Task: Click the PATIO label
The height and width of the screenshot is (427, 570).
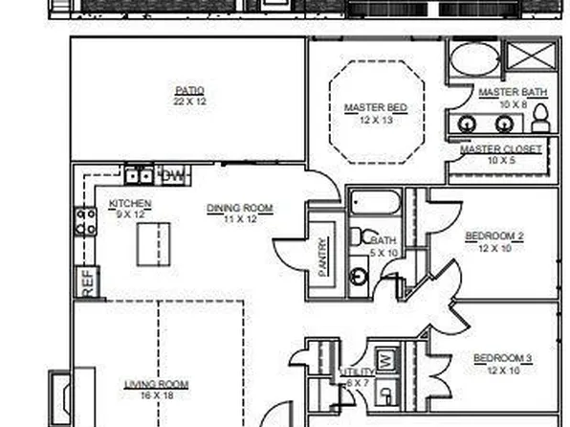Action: [189, 91]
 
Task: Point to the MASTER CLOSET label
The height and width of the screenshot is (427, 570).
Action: [500, 149]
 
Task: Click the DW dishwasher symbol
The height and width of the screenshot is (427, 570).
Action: [173, 175]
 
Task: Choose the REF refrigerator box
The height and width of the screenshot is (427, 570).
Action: [86, 281]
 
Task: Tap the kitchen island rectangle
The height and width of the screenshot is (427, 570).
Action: [153, 245]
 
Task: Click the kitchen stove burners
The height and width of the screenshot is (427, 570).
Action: [85, 222]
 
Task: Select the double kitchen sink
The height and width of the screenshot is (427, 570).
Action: [138, 175]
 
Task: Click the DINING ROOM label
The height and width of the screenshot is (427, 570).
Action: [240, 208]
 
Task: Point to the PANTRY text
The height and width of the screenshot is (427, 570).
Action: [322, 256]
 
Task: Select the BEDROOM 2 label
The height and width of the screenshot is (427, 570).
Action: [493, 236]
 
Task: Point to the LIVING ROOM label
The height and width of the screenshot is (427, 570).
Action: [156, 385]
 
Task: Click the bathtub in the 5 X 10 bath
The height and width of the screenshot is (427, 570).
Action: [375, 203]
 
